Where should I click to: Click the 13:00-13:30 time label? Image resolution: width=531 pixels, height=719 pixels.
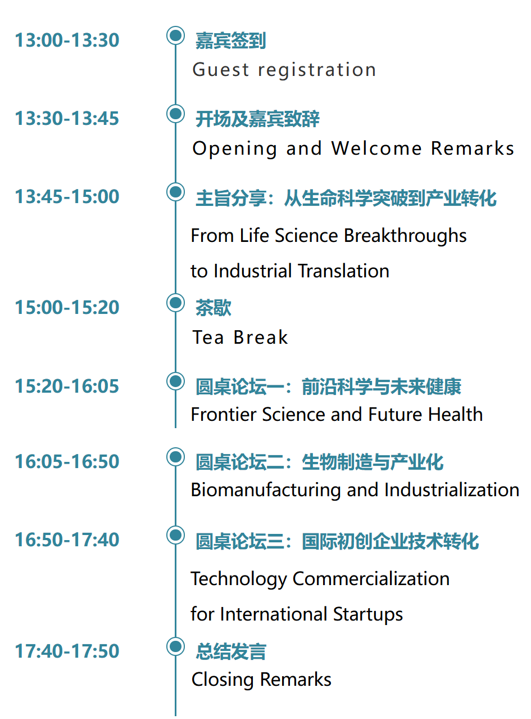[67, 40]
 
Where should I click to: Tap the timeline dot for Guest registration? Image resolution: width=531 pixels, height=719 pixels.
[175, 35]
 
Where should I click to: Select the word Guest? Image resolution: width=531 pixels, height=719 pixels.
[220, 70]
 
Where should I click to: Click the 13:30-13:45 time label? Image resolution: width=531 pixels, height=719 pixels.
[67, 118]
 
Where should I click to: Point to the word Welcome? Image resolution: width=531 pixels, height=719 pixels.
[376, 149]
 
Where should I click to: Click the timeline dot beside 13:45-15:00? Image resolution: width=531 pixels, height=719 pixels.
[175, 192]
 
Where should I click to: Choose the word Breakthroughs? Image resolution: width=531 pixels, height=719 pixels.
[405, 236]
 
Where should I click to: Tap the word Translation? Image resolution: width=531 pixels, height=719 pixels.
[343, 271]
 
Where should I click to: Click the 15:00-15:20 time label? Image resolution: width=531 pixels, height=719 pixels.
[67, 307]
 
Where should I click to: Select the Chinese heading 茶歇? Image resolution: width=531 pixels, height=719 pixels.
[214, 308]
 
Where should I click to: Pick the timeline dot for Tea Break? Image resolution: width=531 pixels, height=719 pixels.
[175, 303]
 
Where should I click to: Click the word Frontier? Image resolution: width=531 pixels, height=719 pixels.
[224, 415]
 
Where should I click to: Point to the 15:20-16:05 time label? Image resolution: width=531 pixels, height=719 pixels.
[67, 387]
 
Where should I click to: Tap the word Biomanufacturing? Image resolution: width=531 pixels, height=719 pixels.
[265, 490]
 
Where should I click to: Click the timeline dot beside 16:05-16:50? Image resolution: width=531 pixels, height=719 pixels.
[175, 457]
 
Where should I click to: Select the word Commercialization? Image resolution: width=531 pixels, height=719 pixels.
[371, 579]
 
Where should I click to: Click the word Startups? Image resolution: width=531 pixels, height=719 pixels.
[368, 615]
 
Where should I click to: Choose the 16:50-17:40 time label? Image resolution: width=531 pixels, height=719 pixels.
[67, 540]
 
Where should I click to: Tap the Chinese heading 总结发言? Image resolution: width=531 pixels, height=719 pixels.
[231, 651]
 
